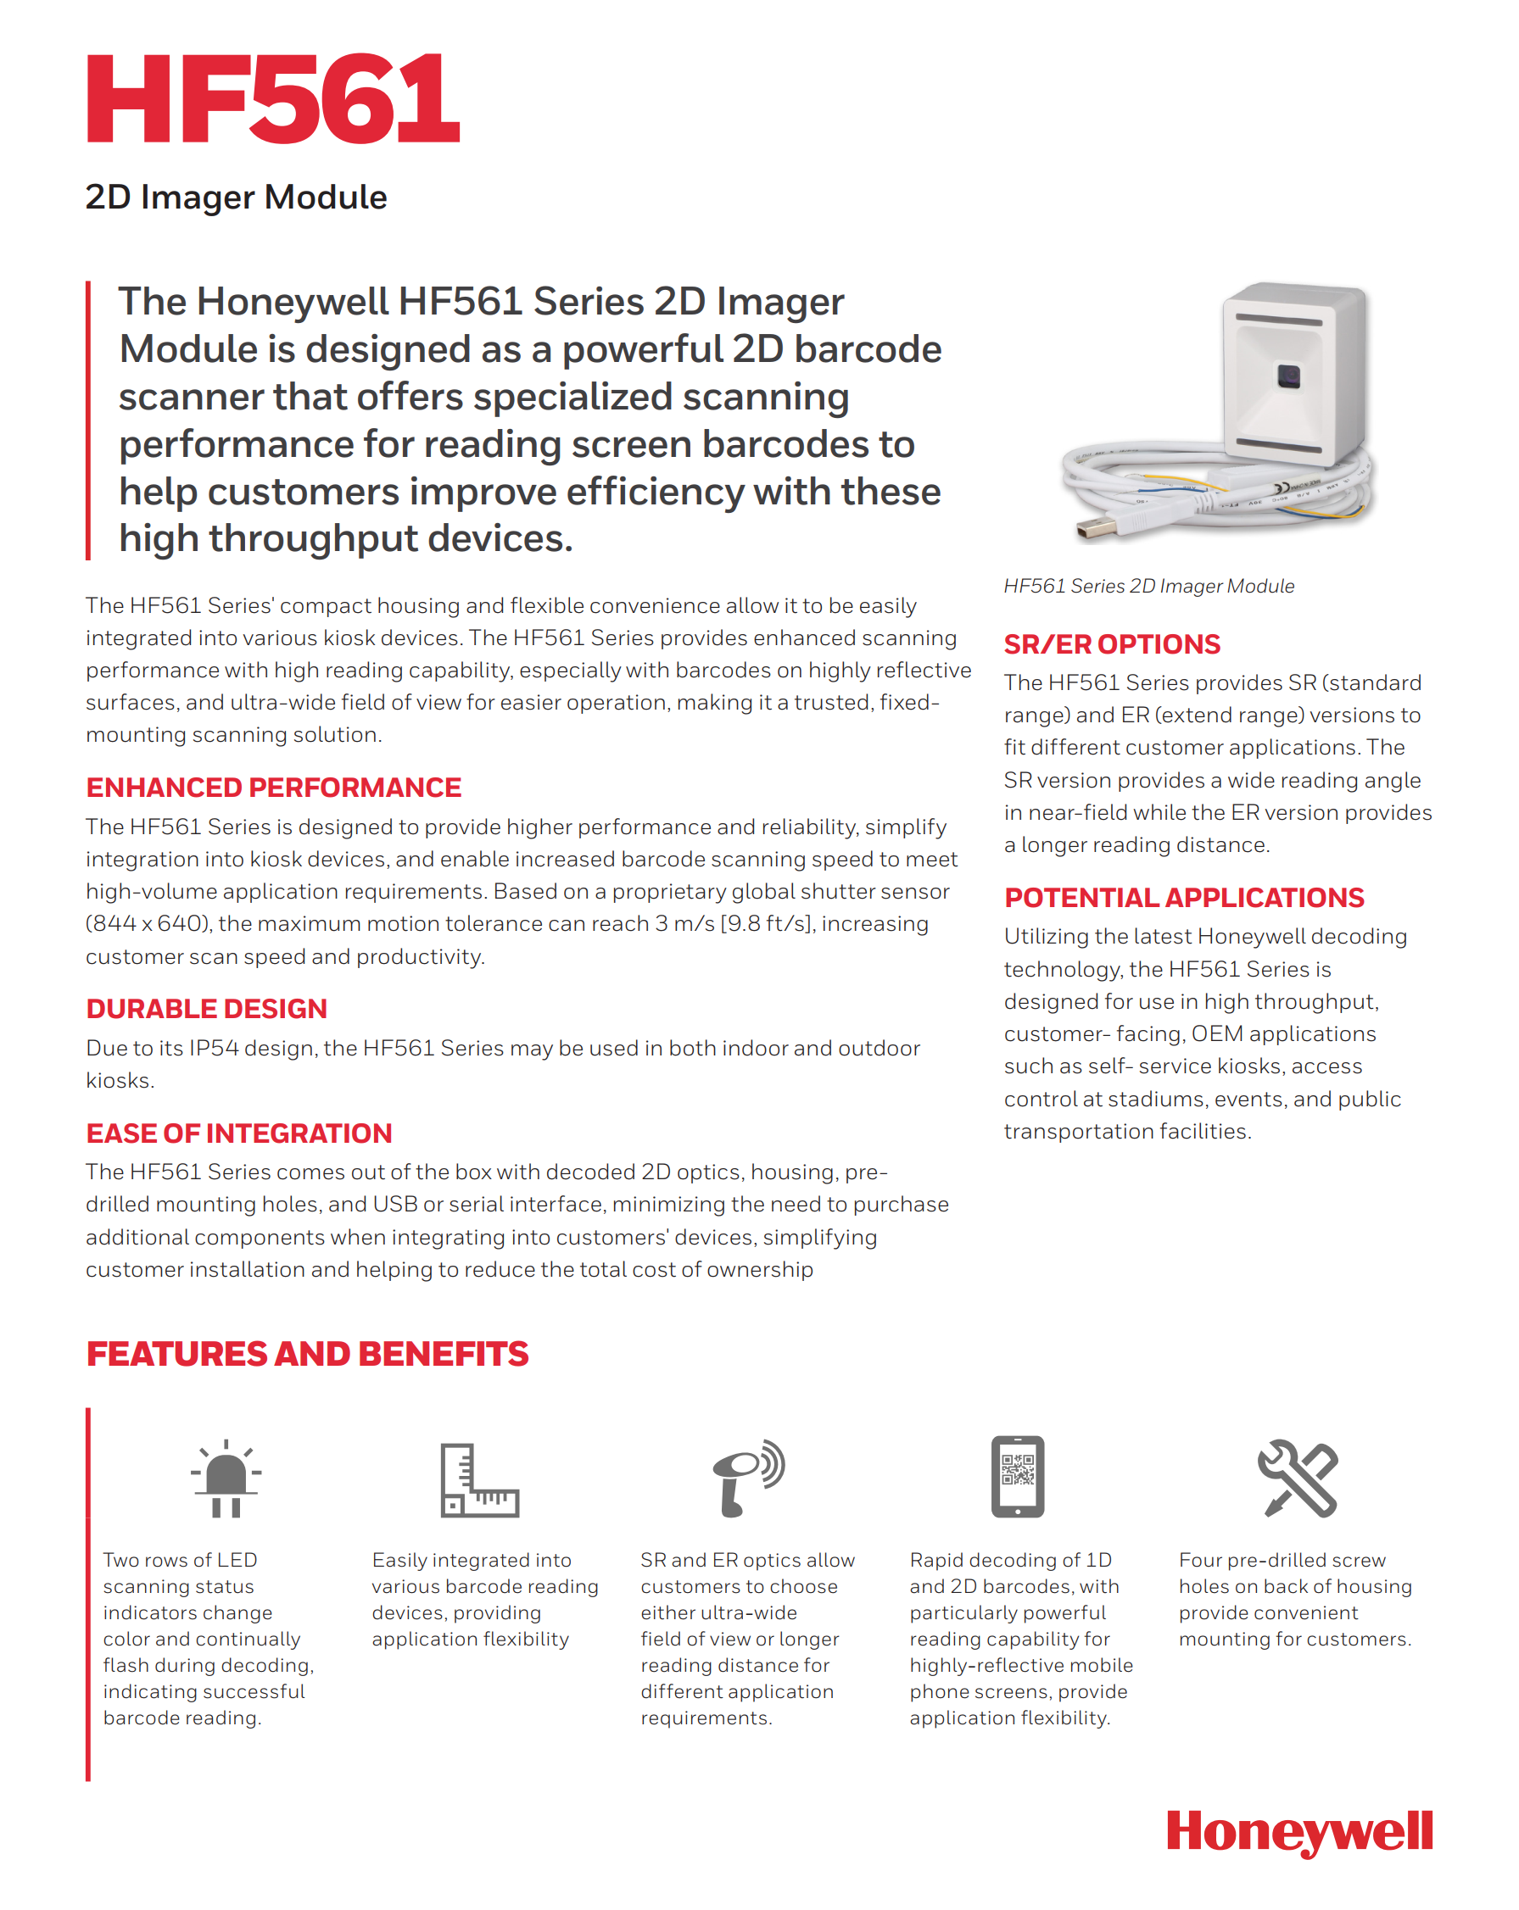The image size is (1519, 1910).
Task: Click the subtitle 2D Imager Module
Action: pyautogui.click(x=236, y=197)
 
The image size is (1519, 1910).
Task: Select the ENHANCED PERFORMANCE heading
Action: pyautogui.click(x=273, y=787)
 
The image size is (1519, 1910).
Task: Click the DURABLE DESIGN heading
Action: pyautogui.click(x=206, y=1008)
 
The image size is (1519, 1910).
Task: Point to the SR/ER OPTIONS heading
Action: pyautogui.click(x=1111, y=644)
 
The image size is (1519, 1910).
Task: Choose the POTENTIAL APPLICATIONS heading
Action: pyautogui.click(x=1183, y=898)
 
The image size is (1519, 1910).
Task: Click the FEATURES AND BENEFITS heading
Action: pyautogui.click(x=307, y=1354)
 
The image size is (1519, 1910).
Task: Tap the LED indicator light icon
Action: pyautogui.click(x=226, y=1478)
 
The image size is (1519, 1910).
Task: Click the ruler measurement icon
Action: pyautogui.click(x=479, y=1479)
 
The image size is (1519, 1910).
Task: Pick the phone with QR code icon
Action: pyautogui.click(x=1017, y=1476)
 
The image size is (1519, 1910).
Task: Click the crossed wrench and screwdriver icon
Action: pyautogui.click(x=1297, y=1478)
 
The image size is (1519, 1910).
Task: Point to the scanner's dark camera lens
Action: pyautogui.click(x=1287, y=376)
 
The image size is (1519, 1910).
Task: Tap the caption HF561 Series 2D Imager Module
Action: pyautogui.click(x=1148, y=586)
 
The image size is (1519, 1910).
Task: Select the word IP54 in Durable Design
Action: pyautogui.click(x=214, y=1048)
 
